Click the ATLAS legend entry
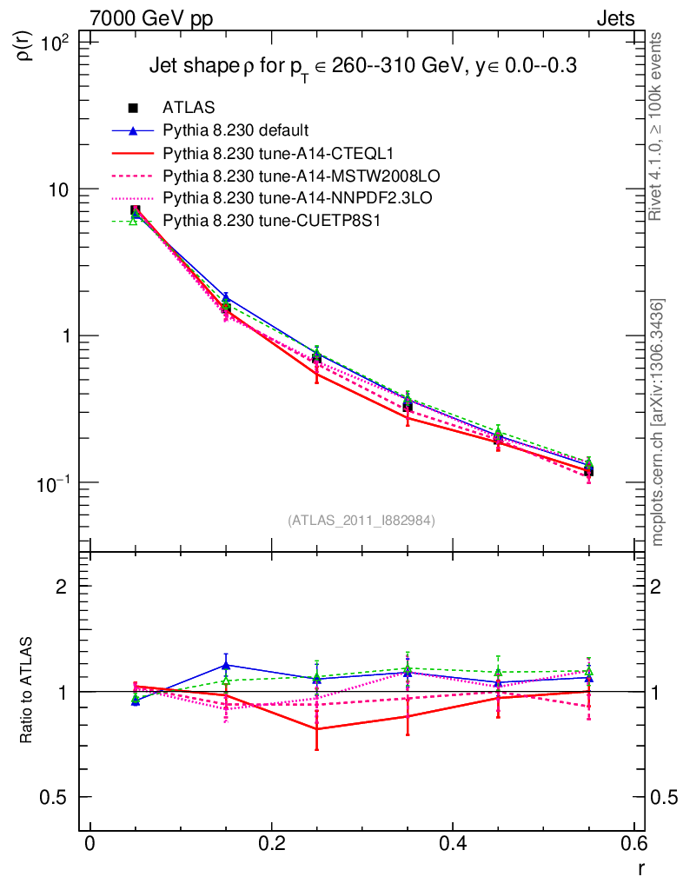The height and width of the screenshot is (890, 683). (182, 108)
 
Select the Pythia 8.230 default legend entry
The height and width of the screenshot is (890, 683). (235, 131)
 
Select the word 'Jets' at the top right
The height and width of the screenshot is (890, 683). (614, 18)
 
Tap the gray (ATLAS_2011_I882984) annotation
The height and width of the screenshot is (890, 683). (361, 520)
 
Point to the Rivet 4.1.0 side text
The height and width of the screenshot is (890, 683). (657, 126)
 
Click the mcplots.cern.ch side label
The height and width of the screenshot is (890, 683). (657, 422)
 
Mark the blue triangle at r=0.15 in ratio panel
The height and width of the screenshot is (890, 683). (226, 666)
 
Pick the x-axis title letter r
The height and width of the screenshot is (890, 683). (641, 867)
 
